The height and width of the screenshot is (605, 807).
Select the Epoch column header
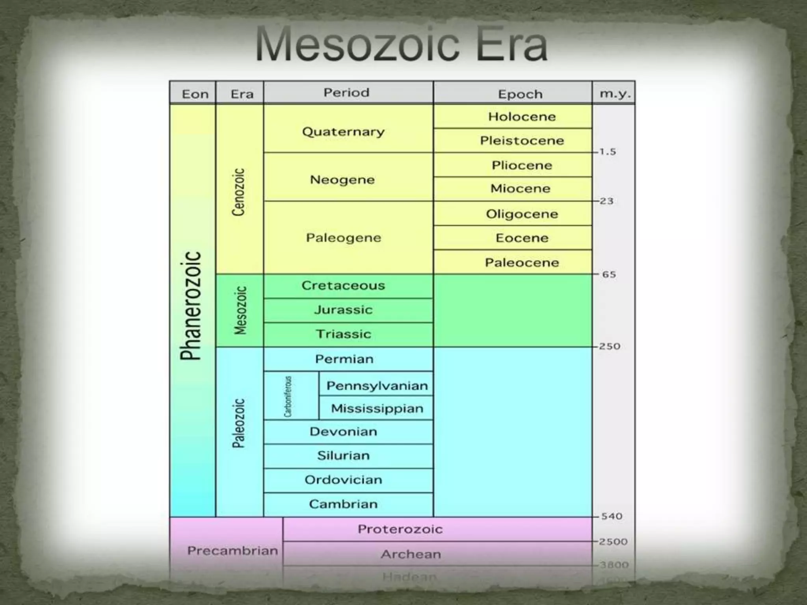pos(520,94)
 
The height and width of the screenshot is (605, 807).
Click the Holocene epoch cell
pos(522,117)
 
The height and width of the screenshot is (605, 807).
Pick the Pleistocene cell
pos(522,141)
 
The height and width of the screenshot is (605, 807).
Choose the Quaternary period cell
pos(343,132)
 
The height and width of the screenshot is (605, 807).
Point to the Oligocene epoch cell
pos(522,214)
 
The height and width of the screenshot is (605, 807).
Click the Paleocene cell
pos(522,262)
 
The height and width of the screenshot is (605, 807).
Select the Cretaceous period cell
pos(343,286)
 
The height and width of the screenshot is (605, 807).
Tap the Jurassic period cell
pos(343,310)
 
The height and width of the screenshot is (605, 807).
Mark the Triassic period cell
pos(343,334)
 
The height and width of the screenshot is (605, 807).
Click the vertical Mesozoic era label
pos(240,310)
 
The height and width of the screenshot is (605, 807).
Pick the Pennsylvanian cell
pos(377,386)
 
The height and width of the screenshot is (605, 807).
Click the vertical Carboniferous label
pos(288,396)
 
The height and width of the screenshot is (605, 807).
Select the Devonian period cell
pos(343,432)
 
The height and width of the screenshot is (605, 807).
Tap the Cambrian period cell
pos(343,504)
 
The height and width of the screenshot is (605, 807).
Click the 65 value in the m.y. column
pos(609,275)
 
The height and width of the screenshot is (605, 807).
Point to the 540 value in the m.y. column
pos(612,516)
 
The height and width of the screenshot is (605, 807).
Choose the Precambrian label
pos(232,551)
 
